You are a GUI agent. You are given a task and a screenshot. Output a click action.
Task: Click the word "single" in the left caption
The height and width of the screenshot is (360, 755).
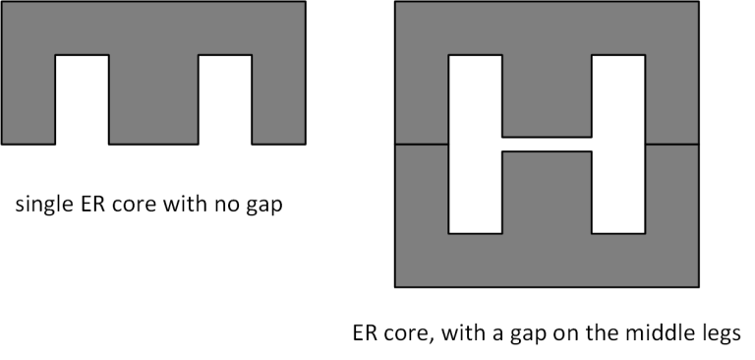tap(44, 205)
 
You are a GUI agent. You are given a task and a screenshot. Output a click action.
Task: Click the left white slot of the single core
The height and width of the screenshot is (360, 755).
tap(82, 99)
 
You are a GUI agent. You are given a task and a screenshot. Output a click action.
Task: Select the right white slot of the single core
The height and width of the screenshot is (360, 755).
tap(225, 99)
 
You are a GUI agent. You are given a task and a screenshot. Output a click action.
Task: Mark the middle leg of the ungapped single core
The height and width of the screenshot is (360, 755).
tap(153, 99)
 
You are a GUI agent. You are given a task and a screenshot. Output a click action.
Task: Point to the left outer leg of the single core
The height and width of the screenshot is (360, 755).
tap(29, 99)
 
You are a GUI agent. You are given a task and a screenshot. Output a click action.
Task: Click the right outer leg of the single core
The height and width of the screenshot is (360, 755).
tap(279, 99)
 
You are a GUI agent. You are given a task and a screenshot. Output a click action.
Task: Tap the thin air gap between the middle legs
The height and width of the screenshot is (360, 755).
tap(547, 144)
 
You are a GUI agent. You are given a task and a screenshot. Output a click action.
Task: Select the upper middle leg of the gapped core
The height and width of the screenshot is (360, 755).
tap(547, 96)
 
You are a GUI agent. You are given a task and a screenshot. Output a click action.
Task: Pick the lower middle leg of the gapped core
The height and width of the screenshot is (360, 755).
tap(547, 192)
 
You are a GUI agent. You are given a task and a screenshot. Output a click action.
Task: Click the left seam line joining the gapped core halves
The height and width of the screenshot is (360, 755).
tap(422, 144)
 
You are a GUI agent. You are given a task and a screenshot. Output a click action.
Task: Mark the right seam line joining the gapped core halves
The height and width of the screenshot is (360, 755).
tap(672, 144)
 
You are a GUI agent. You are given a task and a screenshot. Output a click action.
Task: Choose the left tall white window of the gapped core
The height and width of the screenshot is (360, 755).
tap(475, 144)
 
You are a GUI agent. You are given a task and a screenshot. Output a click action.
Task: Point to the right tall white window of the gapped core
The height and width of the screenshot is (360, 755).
tap(618, 144)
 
